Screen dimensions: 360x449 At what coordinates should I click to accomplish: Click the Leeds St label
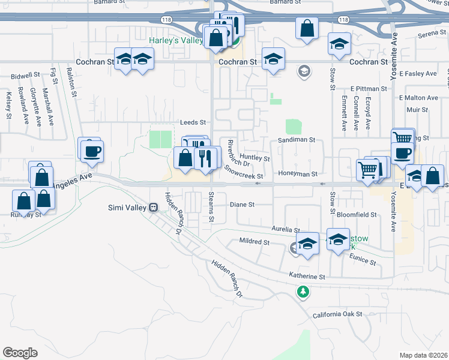tap(193, 122)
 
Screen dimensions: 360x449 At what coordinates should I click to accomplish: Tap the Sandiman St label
tap(297, 139)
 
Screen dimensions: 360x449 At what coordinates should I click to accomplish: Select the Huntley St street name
tap(255, 159)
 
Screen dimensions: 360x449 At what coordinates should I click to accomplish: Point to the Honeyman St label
tap(297, 174)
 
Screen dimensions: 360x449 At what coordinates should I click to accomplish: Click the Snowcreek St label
tap(244, 173)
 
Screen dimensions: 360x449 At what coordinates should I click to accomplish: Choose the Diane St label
tap(243, 205)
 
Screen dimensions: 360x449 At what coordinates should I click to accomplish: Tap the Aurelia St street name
tap(285, 230)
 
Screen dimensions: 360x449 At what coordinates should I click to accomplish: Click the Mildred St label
tap(255, 242)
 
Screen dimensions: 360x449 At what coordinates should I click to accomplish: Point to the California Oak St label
tap(337, 314)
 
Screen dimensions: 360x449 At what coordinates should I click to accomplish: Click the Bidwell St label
tap(25, 77)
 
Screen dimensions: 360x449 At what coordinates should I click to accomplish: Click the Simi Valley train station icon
tap(154, 207)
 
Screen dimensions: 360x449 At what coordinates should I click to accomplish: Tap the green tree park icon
tap(303, 292)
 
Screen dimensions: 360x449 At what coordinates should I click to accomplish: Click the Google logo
tap(20, 353)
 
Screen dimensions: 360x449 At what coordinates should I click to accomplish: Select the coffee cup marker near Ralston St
tap(92, 152)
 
